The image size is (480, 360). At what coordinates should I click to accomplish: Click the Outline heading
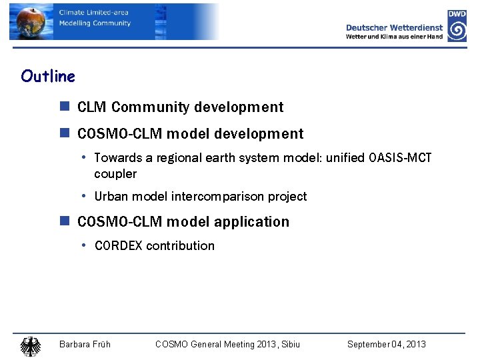[48, 77]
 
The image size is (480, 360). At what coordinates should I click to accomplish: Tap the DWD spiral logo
[457, 31]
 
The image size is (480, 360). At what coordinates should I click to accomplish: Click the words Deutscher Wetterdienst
[394, 27]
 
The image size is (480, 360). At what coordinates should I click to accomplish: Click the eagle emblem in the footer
[30, 346]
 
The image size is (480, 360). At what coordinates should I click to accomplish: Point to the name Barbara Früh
[85, 344]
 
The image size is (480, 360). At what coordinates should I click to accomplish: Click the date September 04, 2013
[386, 344]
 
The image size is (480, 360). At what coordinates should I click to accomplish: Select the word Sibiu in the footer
[289, 344]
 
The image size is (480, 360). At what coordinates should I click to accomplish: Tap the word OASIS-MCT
[399, 158]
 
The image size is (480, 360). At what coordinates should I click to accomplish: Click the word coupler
[115, 174]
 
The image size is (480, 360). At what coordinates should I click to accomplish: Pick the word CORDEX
[119, 246]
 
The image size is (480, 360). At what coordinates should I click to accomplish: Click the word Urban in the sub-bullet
[110, 197]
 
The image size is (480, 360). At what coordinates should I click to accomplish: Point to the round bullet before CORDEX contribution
[84, 246]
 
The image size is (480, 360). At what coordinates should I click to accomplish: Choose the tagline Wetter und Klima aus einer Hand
[394, 37]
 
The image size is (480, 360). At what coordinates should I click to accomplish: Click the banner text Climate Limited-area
[94, 13]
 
